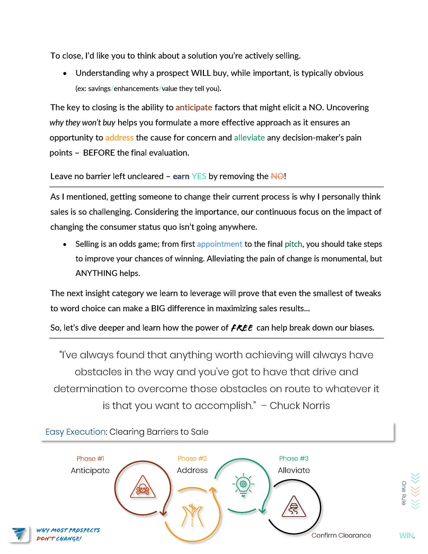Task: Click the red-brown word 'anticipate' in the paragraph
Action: pos(194,107)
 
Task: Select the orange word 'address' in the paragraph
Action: pos(119,138)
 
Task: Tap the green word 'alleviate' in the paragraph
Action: pos(249,138)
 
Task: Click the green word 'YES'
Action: pos(199,176)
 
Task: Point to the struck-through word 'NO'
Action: pos(277,176)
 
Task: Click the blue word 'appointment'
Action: pos(219,244)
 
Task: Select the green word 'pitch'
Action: pos(293,244)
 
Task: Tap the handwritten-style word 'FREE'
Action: pos(242,328)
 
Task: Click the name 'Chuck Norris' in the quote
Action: pos(300,406)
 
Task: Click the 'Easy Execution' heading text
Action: pos(75,432)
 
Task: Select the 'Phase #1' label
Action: pos(90,459)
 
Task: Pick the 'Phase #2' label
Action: pos(192,458)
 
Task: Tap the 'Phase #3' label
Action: pos(294,458)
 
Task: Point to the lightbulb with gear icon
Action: pos(243,484)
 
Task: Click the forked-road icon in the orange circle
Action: pos(192,515)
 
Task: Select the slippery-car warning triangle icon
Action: pos(294,507)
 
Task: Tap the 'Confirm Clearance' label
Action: pos(341,535)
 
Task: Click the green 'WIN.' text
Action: pos(407,535)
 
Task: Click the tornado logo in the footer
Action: pos(19,533)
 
